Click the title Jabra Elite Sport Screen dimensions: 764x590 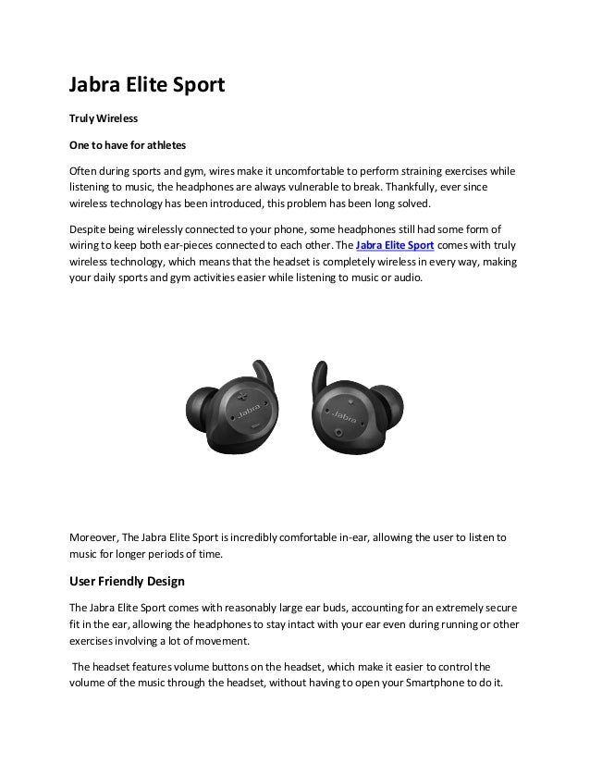click(148, 86)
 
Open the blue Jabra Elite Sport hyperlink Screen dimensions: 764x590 click(395, 246)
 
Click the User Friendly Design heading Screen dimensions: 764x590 click(128, 582)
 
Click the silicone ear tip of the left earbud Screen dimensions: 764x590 click(198, 403)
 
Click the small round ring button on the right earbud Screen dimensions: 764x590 click(340, 432)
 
